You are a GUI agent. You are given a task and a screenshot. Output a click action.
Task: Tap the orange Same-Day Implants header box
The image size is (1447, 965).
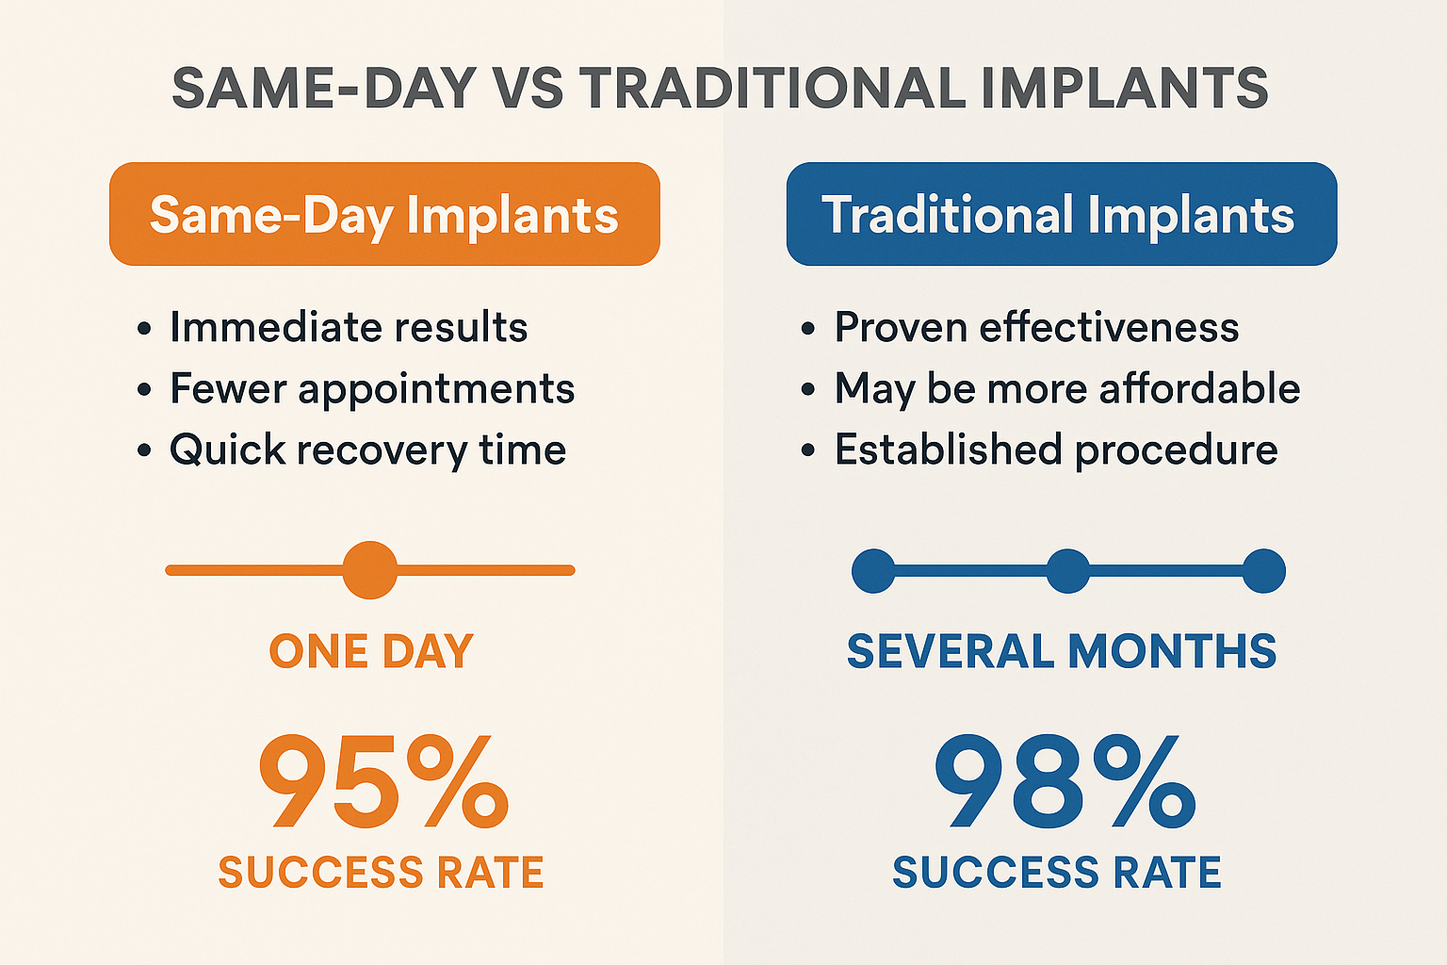384,214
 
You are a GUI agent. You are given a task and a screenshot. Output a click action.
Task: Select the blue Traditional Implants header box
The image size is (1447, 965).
1061,214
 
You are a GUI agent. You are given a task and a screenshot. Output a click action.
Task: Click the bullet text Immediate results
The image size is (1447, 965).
348,328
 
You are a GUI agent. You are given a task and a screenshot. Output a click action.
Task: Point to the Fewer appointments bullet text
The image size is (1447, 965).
371,389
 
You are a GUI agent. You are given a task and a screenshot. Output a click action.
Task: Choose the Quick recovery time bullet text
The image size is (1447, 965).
367,450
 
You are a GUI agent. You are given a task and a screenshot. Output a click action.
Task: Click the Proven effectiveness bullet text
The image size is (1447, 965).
1036,328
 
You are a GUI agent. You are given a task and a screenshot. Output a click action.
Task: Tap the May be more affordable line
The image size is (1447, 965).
1066,389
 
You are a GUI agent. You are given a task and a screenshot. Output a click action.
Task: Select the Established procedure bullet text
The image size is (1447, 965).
1055,450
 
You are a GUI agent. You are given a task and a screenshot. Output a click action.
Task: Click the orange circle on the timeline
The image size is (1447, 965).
369,570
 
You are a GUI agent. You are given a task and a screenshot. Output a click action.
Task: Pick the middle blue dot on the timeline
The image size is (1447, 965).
1067,571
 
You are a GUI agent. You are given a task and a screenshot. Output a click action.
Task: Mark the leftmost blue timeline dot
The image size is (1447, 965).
873,571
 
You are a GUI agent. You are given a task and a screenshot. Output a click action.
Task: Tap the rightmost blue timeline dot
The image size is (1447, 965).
1263,571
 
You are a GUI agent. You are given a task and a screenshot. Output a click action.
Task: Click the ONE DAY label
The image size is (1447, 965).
371,651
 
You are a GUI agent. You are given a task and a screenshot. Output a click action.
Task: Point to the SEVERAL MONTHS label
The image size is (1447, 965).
1062,651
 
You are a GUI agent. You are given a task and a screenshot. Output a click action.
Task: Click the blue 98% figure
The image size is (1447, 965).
1065,782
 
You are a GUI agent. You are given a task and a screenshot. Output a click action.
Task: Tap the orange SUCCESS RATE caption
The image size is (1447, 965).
381,873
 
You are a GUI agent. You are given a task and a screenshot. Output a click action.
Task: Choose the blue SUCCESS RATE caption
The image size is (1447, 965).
1056,873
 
